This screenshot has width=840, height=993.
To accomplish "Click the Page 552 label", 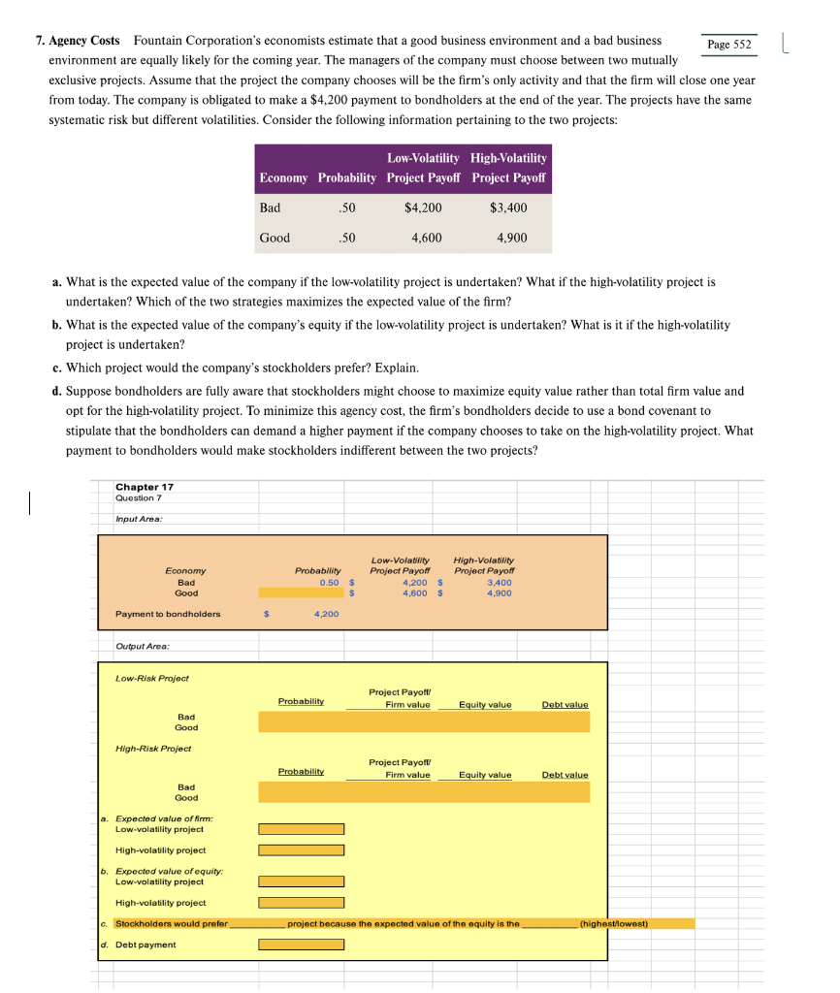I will (x=729, y=44).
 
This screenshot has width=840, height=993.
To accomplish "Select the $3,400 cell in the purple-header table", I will (x=508, y=208).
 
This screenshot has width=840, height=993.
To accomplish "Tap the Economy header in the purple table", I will (x=283, y=177).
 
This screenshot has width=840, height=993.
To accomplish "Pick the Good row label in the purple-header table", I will (x=275, y=238).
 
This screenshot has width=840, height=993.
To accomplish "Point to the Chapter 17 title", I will (x=145, y=487).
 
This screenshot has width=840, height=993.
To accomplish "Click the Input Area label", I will (x=139, y=519).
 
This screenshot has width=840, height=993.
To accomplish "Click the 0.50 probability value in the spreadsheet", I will (x=329, y=583).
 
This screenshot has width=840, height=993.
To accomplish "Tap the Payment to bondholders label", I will (x=168, y=614).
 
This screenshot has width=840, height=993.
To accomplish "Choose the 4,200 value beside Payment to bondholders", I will (x=326, y=614).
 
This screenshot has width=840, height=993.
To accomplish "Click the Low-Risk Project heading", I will (x=152, y=678).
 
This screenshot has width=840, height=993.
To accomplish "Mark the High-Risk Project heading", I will (x=153, y=749).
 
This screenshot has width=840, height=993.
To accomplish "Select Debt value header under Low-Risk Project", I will (x=565, y=704).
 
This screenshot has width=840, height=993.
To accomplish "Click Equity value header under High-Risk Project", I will (x=485, y=775).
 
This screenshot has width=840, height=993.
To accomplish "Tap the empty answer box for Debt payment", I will (x=301, y=945).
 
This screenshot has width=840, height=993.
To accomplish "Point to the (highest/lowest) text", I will (x=613, y=923).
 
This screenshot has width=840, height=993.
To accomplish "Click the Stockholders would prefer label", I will (x=172, y=923).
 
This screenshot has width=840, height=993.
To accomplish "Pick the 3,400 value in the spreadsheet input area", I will (x=500, y=583).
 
